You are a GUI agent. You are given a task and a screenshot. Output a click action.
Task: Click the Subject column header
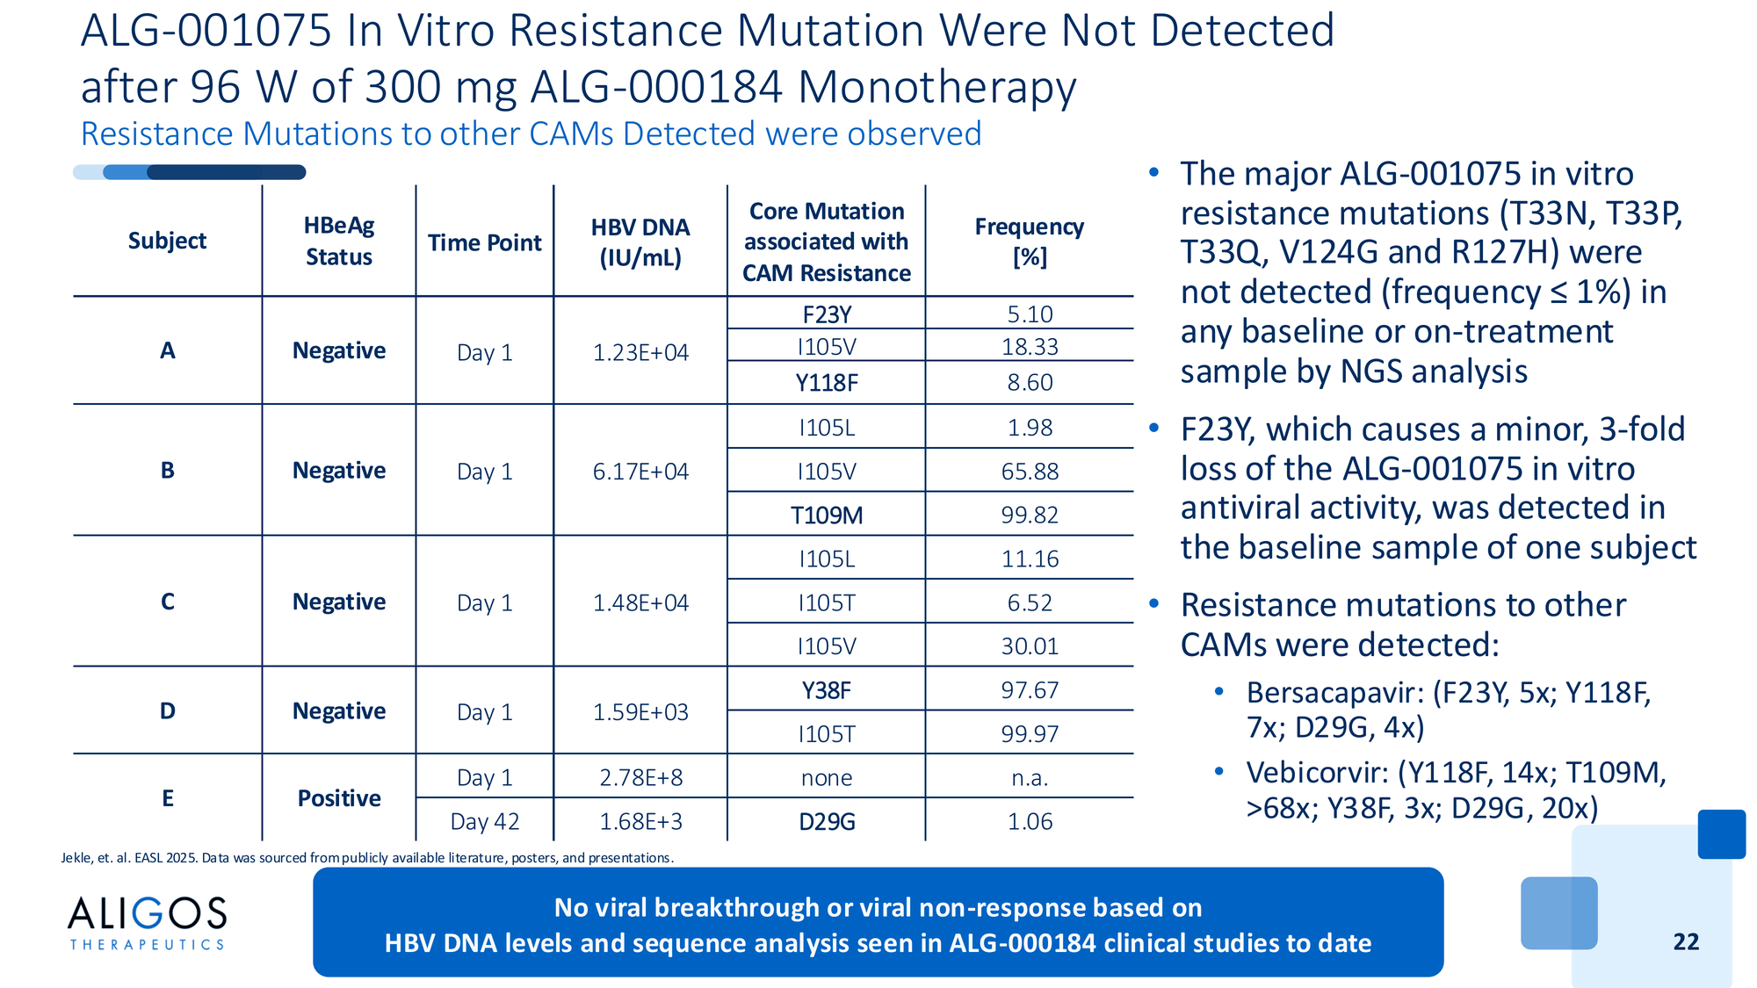(167, 241)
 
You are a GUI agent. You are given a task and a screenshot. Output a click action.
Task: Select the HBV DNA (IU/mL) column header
(640, 242)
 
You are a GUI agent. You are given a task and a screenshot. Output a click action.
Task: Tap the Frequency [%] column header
(1029, 242)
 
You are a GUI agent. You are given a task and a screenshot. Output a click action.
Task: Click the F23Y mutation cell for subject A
(827, 314)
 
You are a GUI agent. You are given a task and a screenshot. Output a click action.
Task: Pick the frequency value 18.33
(1030, 347)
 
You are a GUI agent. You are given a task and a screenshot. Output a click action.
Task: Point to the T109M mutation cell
(827, 515)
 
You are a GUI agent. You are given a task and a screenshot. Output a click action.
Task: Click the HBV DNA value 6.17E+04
(640, 472)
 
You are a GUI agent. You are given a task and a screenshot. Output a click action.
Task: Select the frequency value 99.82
(1030, 515)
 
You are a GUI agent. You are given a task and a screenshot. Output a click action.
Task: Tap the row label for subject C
(168, 602)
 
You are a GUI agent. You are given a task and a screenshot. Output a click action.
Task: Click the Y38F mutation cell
(827, 690)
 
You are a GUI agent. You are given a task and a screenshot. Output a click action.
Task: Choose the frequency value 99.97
(1030, 733)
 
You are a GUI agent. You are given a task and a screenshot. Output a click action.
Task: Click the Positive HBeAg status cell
(339, 798)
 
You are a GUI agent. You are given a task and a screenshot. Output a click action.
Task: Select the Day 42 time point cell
(485, 821)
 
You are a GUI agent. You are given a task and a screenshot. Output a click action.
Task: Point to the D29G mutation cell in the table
(827, 822)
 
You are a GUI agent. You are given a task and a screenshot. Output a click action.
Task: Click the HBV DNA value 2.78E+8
(640, 777)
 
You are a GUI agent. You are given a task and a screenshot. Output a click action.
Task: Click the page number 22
(1686, 941)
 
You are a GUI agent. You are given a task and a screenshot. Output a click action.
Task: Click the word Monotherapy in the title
(936, 87)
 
